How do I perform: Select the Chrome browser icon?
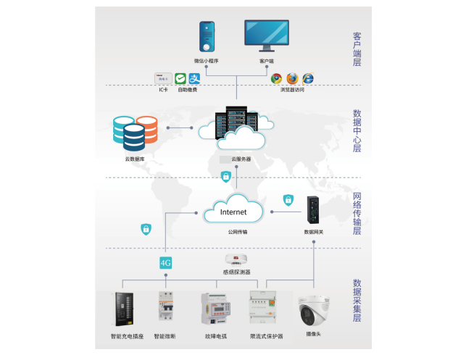click(x=276, y=78)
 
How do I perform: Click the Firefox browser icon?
click(x=292, y=78)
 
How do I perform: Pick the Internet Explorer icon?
click(x=308, y=78)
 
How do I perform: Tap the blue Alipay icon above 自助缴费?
click(x=194, y=78)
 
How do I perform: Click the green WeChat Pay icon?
click(x=180, y=78)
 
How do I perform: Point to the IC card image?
click(x=162, y=79)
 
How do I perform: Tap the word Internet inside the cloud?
click(x=233, y=212)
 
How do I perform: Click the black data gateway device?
click(x=313, y=211)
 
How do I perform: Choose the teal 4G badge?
click(x=166, y=261)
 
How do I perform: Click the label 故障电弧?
click(x=215, y=336)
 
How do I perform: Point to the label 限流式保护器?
click(x=266, y=336)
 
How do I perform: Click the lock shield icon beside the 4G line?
click(x=146, y=229)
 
